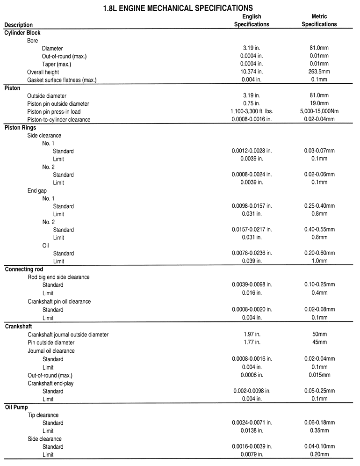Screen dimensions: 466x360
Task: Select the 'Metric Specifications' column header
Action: coord(319,21)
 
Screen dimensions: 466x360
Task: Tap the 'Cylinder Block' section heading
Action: coord(22,33)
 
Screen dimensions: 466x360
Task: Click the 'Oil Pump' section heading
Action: coord(17,407)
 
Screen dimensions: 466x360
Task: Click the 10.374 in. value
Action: coord(252,72)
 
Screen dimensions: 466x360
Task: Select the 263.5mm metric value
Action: coord(319,72)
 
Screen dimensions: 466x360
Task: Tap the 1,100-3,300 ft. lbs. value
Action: coord(252,111)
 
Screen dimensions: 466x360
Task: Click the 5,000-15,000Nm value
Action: coord(319,111)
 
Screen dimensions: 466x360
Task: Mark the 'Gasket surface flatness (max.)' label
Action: coord(62,80)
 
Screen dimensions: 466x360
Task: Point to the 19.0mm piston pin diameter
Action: coord(319,103)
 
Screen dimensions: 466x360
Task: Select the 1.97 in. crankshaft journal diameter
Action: coord(252,335)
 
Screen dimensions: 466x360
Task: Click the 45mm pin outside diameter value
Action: coord(319,342)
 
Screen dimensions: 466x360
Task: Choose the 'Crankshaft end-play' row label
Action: coord(50,383)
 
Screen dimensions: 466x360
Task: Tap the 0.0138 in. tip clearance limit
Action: coord(252,431)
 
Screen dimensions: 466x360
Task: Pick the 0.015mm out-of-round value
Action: coord(319,375)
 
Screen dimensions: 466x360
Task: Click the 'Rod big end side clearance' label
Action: coord(58,277)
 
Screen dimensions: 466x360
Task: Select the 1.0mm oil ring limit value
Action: coord(319,261)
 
